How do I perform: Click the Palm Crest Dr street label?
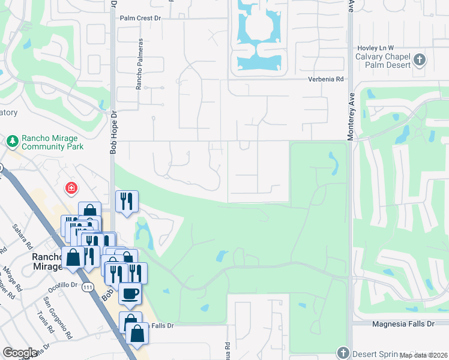pos(141,18)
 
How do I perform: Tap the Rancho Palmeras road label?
pos(139,64)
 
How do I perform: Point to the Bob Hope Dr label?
pos(112,133)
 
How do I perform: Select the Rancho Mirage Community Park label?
pos(52,142)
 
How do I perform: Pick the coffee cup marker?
pos(130,294)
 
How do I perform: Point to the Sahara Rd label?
pos(22,233)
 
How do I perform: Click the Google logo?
pos(20,353)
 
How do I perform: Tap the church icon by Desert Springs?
pos(343,352)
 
